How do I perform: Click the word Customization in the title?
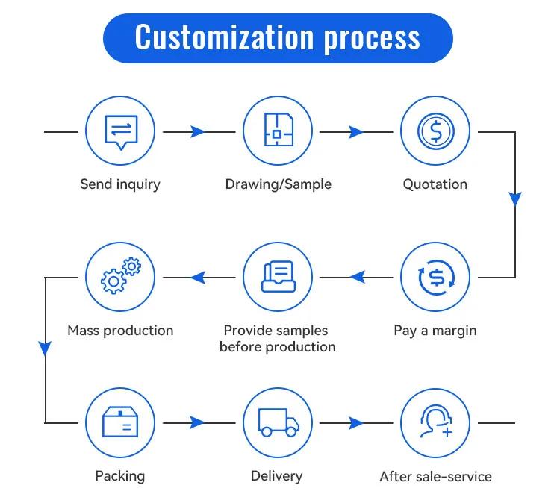coord(224,37)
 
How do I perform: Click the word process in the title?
coord(372,40)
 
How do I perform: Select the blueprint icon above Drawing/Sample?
coord(279,130)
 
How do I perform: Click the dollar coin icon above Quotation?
coord(436,131)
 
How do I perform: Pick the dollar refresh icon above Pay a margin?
coord(436,277)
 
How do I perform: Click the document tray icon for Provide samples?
coord(279,276)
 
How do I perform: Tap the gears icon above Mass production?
coord(121,275)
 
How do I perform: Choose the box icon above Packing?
coord(120,422)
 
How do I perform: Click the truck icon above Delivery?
coord(279,422)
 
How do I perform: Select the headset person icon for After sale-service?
coord(436,422)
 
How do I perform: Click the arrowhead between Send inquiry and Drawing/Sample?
coord(198,132)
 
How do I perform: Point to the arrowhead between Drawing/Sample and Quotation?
coord(355,132)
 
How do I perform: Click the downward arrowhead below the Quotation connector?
coord(515,199)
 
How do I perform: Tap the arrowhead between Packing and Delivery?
coord(198,422)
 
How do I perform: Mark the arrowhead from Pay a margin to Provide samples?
coord(357,277)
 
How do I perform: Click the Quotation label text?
coord(435,184)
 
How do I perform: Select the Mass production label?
coord(120,331)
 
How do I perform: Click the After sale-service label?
coord(436,477)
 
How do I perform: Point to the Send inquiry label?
coord(120,184)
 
